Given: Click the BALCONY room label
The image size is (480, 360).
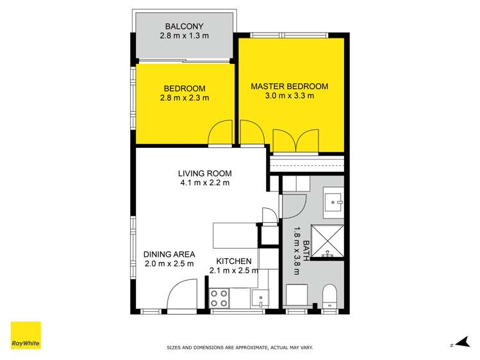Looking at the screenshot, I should pos(184,26).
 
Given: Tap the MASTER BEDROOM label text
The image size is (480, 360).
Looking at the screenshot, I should pos(289,86).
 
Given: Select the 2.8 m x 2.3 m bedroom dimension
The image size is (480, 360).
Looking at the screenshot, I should pos(184,98).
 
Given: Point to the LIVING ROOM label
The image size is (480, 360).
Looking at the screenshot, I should pos(204,174).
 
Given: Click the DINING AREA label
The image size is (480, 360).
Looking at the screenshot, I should pos(169,254).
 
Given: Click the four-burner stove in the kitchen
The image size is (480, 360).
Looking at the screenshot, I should pos(220,298).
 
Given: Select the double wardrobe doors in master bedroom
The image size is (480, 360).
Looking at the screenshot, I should pos(295,141).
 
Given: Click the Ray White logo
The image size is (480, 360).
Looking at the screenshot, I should pos(26,335).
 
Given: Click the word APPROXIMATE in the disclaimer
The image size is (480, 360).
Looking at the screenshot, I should pos(258,347).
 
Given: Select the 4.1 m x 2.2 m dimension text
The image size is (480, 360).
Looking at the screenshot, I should pos(204,183).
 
